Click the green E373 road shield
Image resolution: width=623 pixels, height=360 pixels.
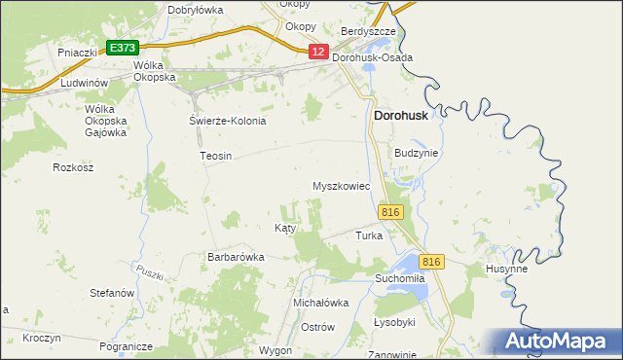coord(123,48)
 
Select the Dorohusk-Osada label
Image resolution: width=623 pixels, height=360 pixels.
coord(373,58)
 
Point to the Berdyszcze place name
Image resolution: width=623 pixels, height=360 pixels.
coord(368,32)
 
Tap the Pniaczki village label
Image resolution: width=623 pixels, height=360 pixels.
coord(75,52)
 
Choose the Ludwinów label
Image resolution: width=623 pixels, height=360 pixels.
coord(82,84)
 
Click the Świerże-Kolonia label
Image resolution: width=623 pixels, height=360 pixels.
coord(227,122)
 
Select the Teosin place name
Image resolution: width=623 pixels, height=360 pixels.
coord(215,156)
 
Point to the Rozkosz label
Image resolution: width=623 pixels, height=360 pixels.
coord(73,167)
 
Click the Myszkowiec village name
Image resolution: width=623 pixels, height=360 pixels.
coord(341,186)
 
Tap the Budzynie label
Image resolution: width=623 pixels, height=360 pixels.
coord(417,154)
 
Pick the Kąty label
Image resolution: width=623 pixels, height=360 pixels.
coord(284,228)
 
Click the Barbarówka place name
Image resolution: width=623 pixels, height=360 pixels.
coord(236,257)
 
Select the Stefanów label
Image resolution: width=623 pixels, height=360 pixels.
coord(111,292)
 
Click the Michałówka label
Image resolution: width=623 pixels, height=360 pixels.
coord(321,303)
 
